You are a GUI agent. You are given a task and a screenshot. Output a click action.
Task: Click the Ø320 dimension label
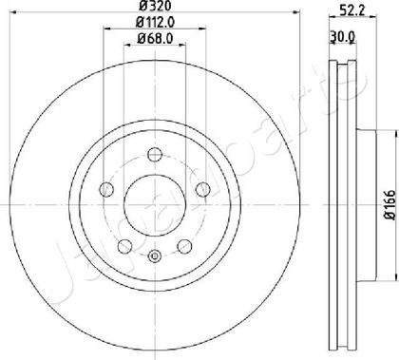click(x=155, y=5)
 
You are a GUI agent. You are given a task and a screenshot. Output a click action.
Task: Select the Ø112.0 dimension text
click(x=155, y=22)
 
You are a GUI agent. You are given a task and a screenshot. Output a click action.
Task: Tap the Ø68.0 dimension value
click(x=155, y=39)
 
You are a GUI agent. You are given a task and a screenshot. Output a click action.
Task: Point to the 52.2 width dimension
click(x=353, y=11)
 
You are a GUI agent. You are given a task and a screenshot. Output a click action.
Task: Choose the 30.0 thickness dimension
click(x=342, y=37)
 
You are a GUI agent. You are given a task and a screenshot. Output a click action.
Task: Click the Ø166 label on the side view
click(x=390, y=204)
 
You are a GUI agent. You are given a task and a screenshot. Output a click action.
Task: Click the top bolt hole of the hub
click(x=155, y=155)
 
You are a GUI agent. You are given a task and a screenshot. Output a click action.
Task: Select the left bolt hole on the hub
click(x=106, y=190)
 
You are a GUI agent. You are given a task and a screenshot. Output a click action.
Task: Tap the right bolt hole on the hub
click(x=203, y=190)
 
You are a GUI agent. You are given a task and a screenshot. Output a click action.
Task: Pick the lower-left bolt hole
click(x=124, y=246)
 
